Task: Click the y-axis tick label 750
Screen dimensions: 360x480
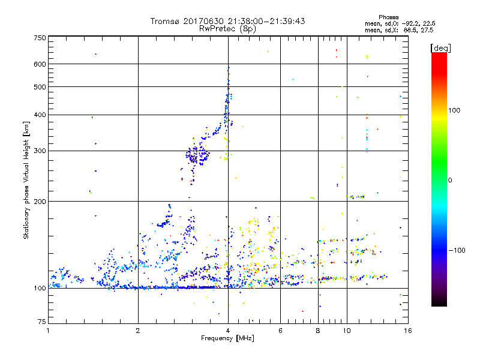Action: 40,37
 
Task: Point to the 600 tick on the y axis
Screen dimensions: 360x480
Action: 40,64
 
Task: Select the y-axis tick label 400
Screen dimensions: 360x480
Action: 40,115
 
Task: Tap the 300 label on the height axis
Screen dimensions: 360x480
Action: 40,151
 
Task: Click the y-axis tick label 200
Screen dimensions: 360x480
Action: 40,201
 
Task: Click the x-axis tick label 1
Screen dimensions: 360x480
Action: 48,330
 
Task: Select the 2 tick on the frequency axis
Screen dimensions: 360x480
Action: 138,330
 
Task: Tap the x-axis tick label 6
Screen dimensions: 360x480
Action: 280,330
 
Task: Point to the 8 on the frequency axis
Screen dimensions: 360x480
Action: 318,330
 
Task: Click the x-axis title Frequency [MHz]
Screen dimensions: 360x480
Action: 227,338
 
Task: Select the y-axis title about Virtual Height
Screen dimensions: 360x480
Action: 26,180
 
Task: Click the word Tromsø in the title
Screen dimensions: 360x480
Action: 167,21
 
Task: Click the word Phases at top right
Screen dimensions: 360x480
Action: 389,17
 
